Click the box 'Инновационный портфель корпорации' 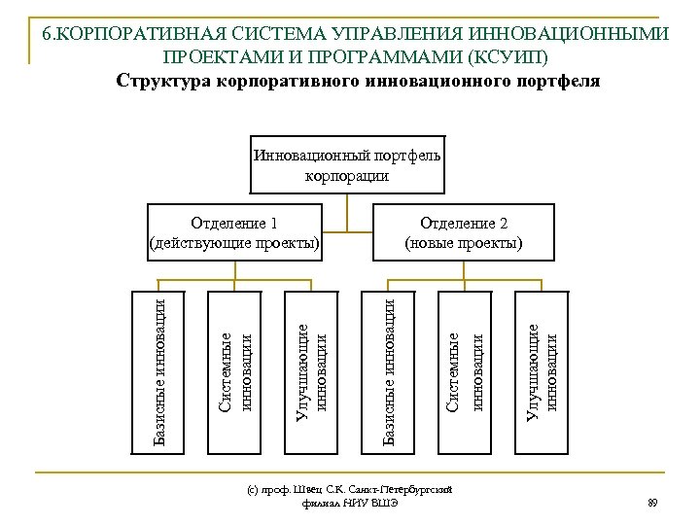click(x=347, y=166)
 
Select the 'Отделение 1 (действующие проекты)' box click(x=233, y=232)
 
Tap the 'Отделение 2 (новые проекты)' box click(x=464, y=232)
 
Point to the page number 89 click(x=652, y=503)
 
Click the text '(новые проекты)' click(x=464, y=242)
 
